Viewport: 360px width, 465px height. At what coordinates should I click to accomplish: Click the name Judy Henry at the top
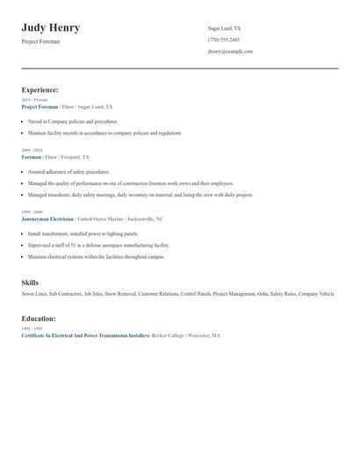[51, 28]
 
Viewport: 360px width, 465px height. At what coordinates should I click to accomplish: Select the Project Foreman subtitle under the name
[40, 41]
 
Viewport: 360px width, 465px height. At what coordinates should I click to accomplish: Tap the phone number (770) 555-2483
[224, 39]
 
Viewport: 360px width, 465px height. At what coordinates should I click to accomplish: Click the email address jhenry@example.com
[230, 51]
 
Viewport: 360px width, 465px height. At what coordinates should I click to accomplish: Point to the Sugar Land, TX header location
[224, 28]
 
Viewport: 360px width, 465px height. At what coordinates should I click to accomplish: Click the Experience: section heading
[40, 89]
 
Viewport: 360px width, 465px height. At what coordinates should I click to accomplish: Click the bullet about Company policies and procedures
[72, 121]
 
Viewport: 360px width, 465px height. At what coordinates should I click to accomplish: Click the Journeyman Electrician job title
[47, 218]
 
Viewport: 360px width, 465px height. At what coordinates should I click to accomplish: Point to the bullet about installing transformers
[83, 234]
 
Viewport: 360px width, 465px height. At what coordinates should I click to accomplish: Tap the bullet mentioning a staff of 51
[98, 246]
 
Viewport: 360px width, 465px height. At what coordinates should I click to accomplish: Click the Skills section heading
[30, 283]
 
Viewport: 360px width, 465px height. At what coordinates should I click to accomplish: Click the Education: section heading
[39, 318]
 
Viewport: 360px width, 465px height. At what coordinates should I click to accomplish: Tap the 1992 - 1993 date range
[32, 329]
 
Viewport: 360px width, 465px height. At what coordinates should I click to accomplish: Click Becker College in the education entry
[168, 335]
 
